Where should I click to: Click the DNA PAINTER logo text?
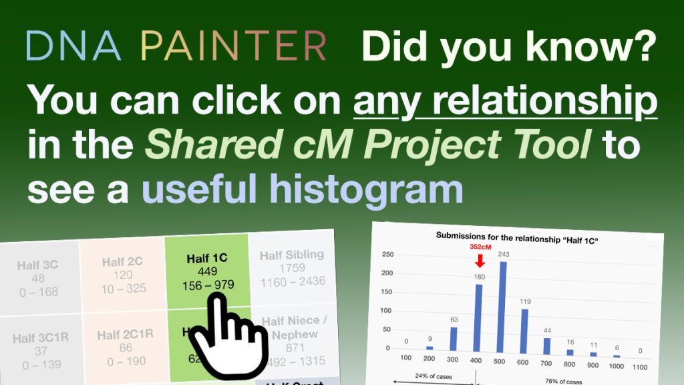(x=176, y=46)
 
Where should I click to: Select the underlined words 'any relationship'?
(x=506, y=101)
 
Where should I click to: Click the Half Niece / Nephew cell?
(x=294, y=341)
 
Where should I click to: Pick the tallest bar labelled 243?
(x=502, y=305)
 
